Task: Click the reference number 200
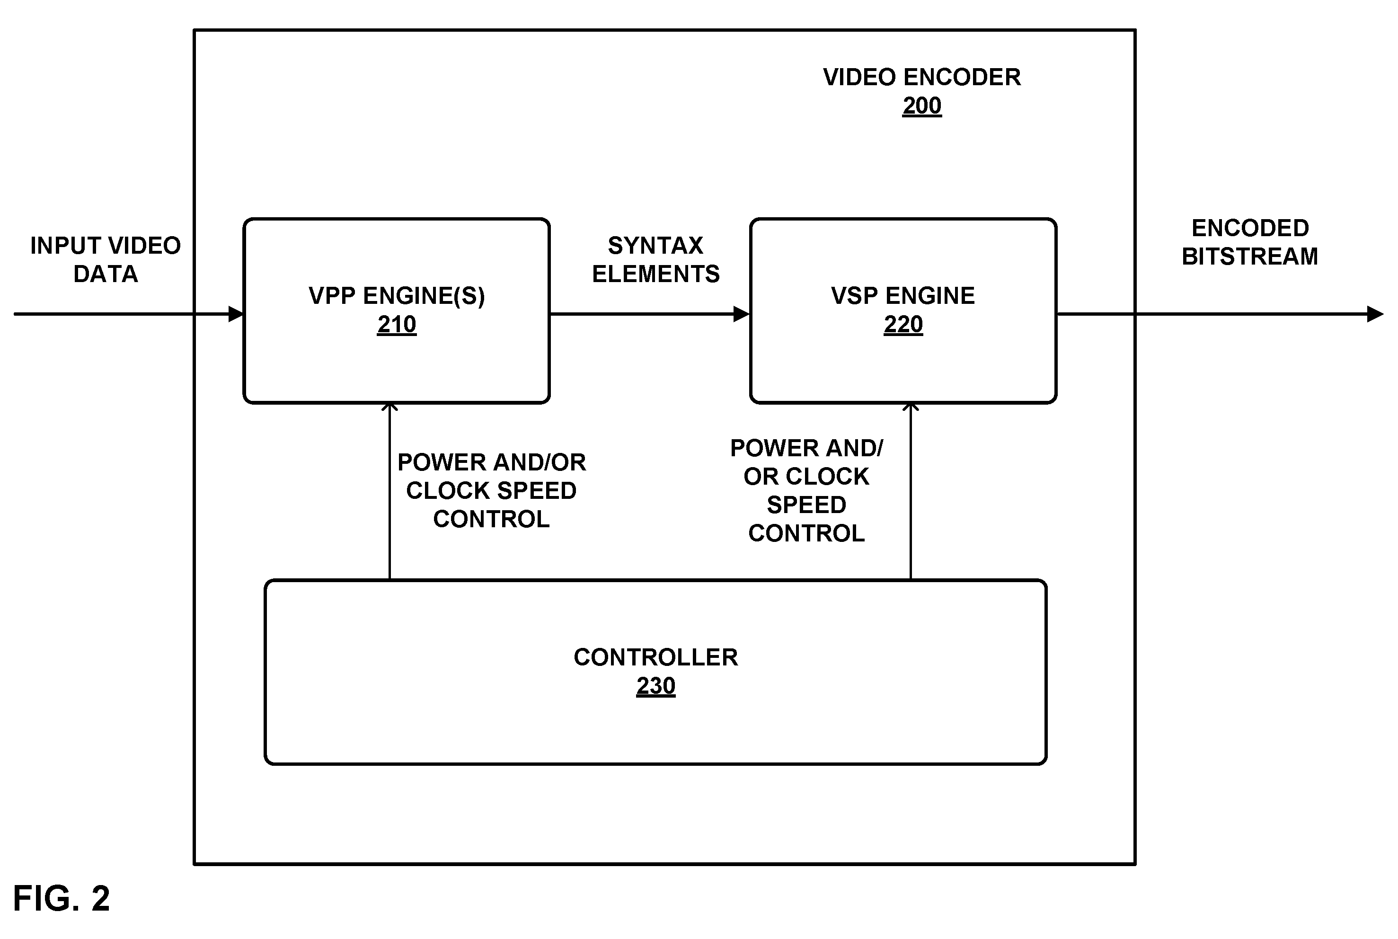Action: [x=921, y=106]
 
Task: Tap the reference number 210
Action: [x=396, y=325]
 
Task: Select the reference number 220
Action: [x=903, y=325]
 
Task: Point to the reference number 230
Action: [x=655, y=686]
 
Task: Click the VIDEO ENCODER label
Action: [x=922, y=77]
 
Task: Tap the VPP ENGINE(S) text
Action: [x=396, y=296]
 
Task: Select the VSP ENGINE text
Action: [x=903, y=296]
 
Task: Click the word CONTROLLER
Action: [x=655, y=657]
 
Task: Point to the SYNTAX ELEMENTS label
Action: [x=655, y=259]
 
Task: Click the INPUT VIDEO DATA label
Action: [x=106, y=259]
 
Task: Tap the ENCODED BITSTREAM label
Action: [x=1250, y=242]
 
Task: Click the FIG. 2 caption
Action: [x=62, y=898]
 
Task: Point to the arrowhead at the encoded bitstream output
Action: [x=1376, y=314]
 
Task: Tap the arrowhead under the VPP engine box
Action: [x=390, y=407]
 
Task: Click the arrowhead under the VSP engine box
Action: [x=911, y=407]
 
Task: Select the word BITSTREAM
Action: [x=1250, y=257]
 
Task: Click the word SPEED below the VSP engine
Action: [x=806, y=505]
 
